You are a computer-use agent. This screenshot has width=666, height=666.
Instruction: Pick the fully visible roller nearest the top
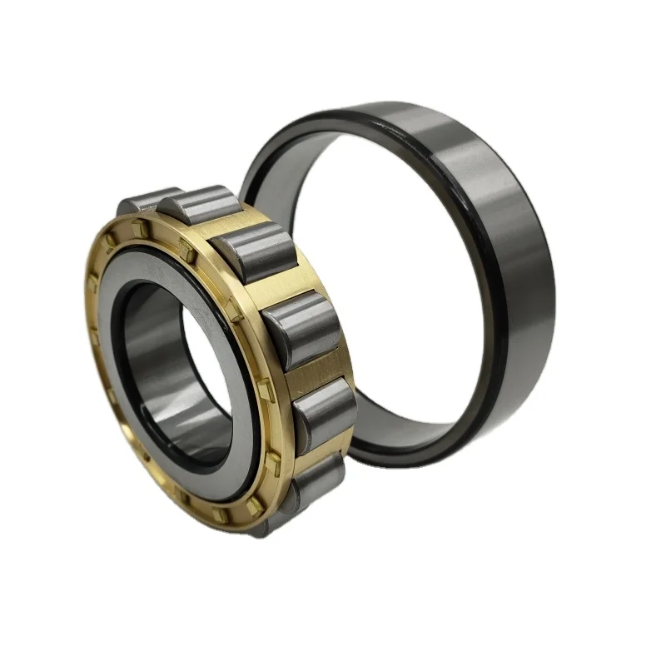200,204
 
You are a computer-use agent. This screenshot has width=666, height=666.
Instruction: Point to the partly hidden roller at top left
142,202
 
